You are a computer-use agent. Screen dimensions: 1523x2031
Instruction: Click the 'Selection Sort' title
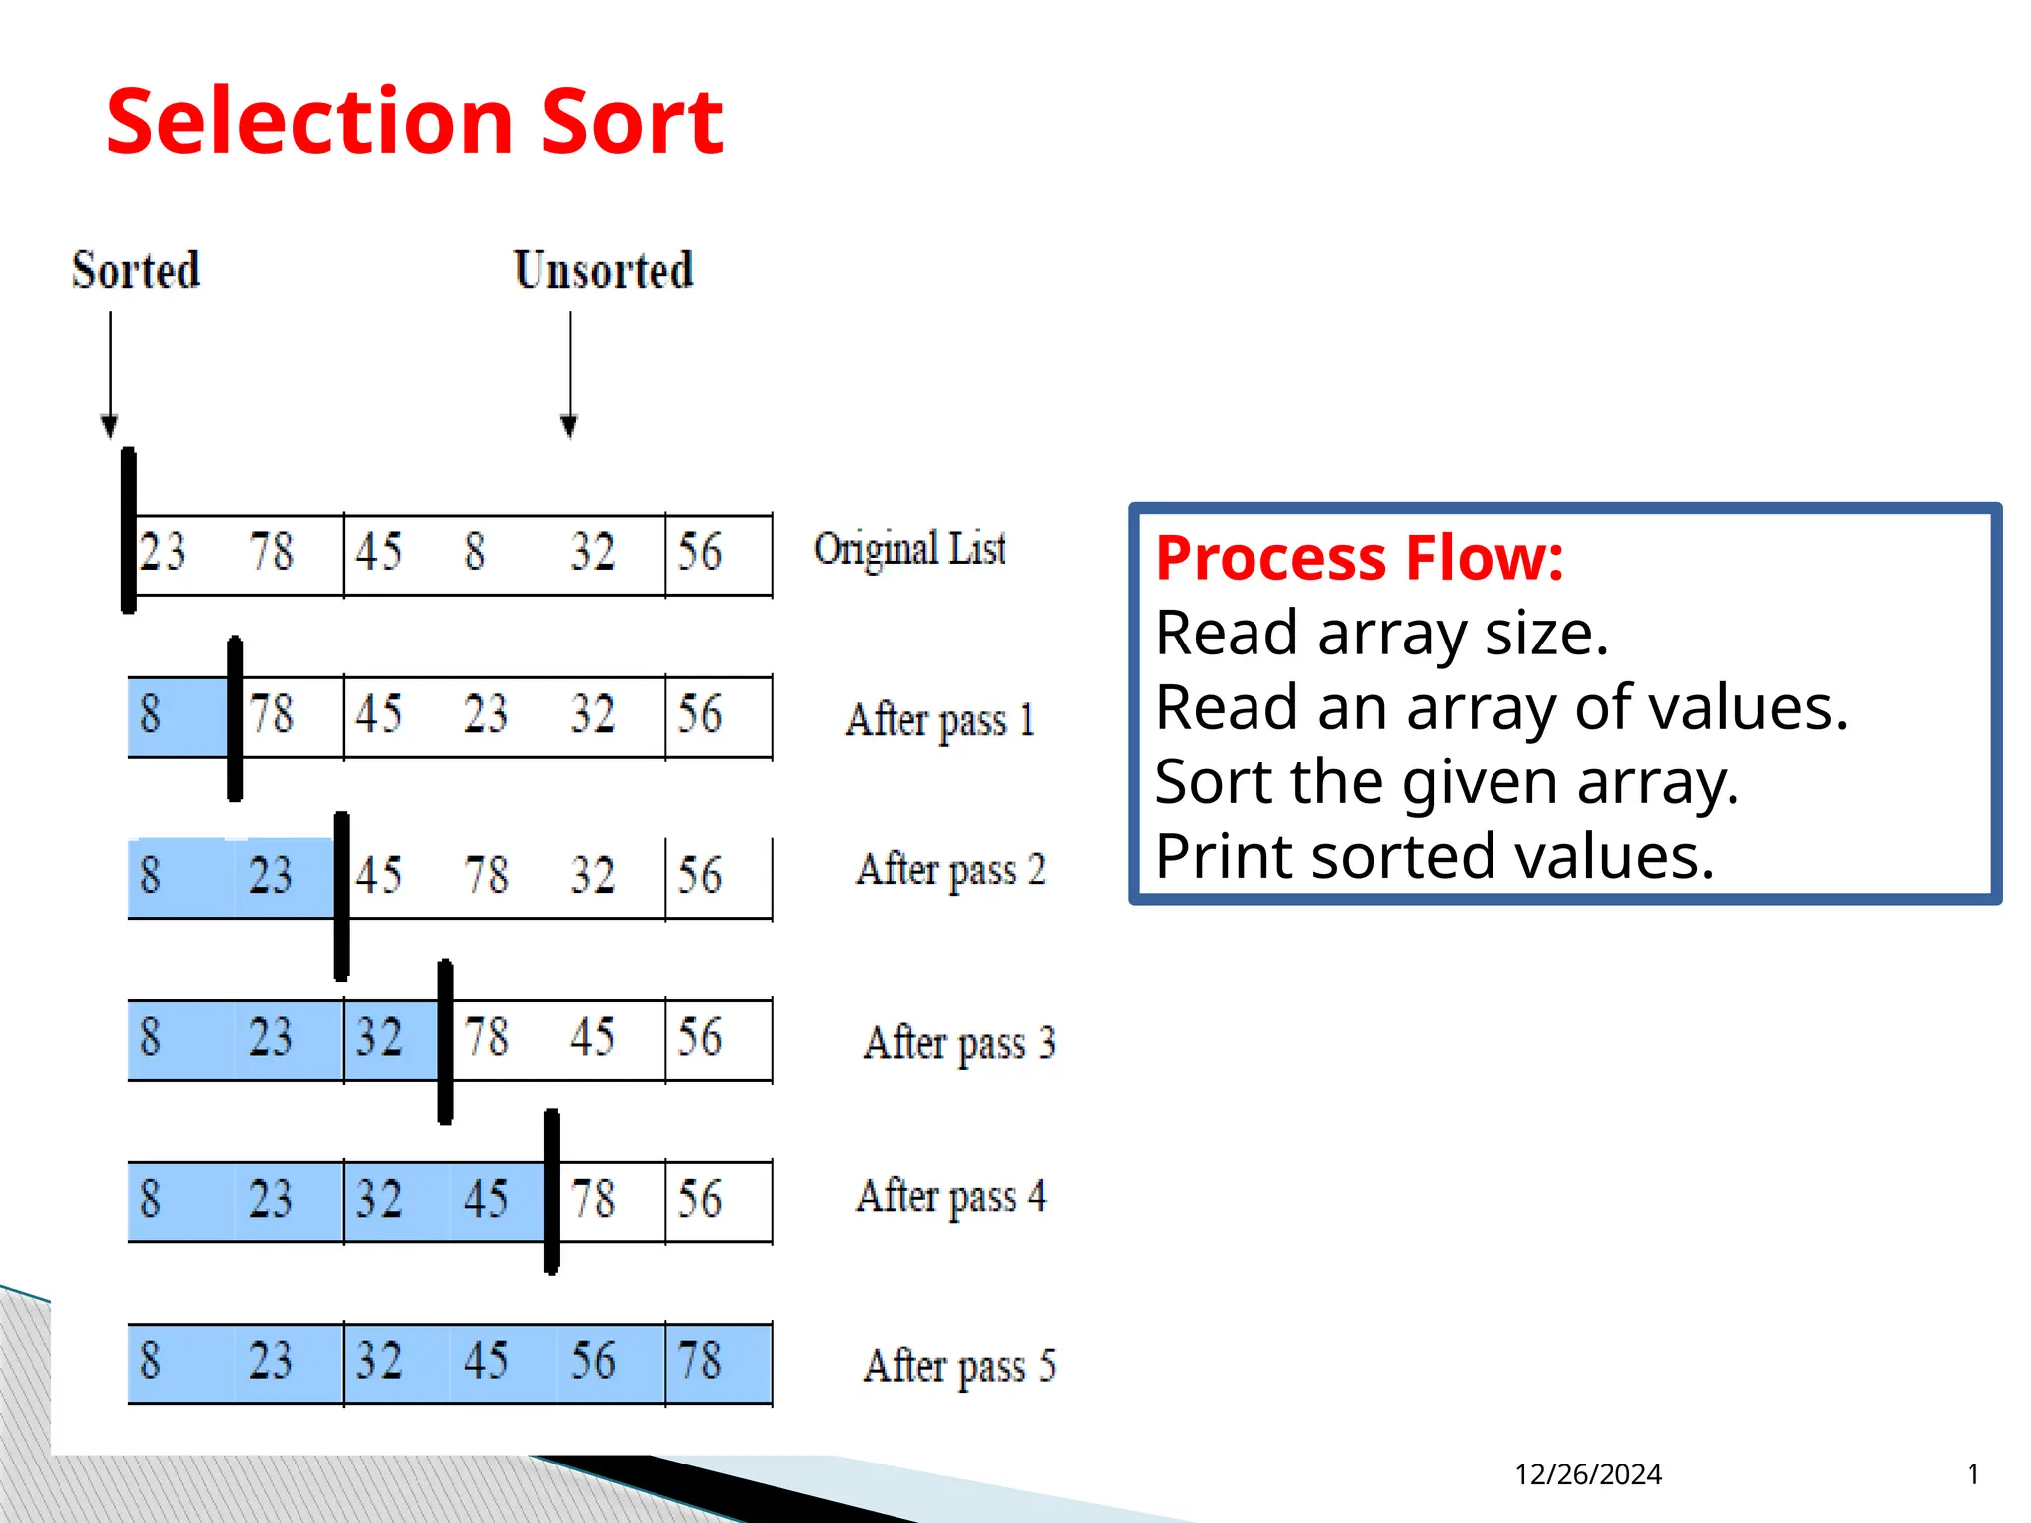(415, 122)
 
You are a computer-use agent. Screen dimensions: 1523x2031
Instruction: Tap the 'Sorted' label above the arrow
(136, 270)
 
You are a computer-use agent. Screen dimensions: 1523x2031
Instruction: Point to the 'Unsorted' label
(603, 270)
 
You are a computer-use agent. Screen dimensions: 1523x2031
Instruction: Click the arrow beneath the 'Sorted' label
(110, 377)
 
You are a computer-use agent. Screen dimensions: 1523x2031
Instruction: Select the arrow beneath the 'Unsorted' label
(569, 377)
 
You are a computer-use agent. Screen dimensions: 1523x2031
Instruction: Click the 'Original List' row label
(909, 549)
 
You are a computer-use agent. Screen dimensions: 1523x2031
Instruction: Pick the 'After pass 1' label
(940, 719)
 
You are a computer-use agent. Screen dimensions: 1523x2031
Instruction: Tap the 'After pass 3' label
(959, 1043)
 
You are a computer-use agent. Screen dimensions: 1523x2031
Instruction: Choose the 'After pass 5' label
(959, 1366)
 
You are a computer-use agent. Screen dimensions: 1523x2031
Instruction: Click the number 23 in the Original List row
(163, 552)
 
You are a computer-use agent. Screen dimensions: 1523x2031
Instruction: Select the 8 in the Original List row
(475, 552)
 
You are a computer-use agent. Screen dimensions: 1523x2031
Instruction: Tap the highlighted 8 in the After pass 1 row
(150, 714)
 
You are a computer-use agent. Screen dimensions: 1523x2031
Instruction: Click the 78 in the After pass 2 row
(486, 876)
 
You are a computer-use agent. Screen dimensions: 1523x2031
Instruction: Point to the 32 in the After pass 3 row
(379, 1037)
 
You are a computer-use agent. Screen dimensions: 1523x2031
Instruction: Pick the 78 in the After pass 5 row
(699, 1360)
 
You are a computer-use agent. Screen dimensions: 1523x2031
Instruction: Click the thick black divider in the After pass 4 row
(552, 1192)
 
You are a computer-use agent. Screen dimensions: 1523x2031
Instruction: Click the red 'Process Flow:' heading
(1360, 558)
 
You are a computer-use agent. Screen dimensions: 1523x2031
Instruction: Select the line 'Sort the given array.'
(1447, 781)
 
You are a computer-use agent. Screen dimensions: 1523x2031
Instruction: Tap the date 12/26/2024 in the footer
(1588, 1474)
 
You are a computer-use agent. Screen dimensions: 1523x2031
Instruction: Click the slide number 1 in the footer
(1973, 1474)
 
